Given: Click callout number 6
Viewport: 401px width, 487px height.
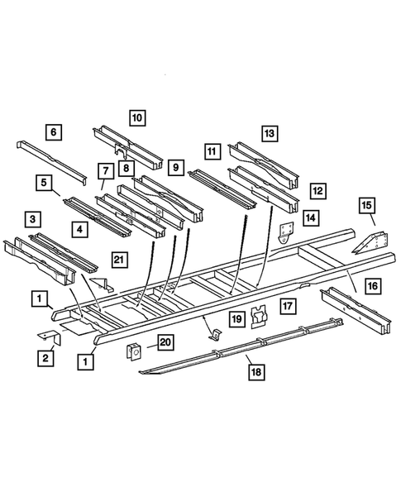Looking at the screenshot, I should (x=54, y=131).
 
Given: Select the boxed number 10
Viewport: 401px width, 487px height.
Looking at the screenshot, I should (x=137, y=117).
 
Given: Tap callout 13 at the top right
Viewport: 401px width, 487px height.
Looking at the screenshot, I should (x=270, y=132).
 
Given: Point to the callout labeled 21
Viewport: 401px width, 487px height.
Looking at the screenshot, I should (x=121, y=260).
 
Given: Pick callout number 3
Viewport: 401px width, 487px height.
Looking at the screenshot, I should (x=32, y=218).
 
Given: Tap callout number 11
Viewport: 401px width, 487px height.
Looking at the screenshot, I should (x=212, y=151).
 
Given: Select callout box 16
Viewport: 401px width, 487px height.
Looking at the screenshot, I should (x=374, y=286).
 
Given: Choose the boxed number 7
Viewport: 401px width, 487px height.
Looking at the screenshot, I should (x=105, y=171).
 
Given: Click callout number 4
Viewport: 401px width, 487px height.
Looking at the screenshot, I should (x=79, y=229).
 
